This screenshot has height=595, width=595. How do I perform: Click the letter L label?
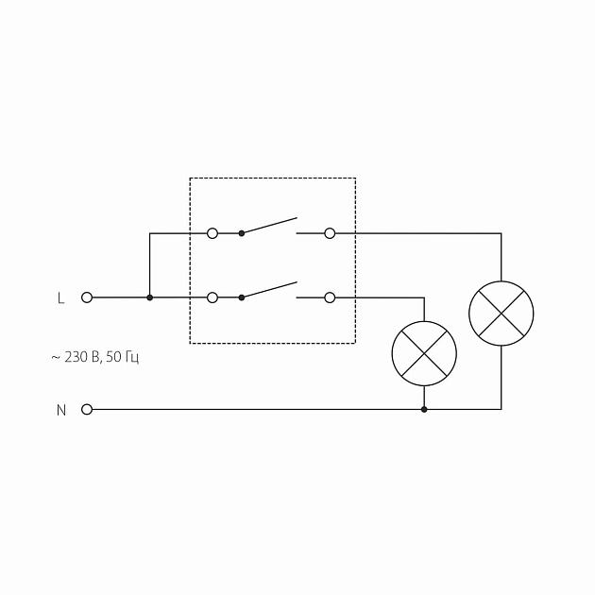pos(60,297)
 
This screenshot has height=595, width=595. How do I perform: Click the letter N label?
pos(60,410)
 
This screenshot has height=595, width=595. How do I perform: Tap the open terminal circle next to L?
pos(87,297)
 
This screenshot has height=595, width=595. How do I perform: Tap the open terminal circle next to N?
pos(87,410)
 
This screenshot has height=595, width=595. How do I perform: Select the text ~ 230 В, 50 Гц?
pos(95,358)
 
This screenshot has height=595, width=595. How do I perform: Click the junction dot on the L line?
pos(149,297)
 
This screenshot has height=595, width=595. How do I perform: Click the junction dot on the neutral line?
pos(424,410)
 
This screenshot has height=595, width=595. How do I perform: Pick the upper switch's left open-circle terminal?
pos(212,232)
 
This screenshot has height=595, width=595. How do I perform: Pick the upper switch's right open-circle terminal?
pos(330,232)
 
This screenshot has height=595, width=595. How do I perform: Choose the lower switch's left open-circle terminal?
pos(212,297)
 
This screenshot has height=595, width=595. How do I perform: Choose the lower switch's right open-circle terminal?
pos(330,297)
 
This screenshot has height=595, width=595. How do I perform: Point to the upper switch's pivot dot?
pos(242,232)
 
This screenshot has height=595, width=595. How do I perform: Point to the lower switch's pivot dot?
pos(242,297)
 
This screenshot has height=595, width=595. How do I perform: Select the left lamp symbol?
pos(424,354)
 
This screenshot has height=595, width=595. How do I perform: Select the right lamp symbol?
pos(501,313)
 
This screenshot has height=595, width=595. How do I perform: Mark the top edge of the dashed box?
pos(273,178)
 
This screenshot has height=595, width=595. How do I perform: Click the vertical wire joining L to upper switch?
pos(149,264)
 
